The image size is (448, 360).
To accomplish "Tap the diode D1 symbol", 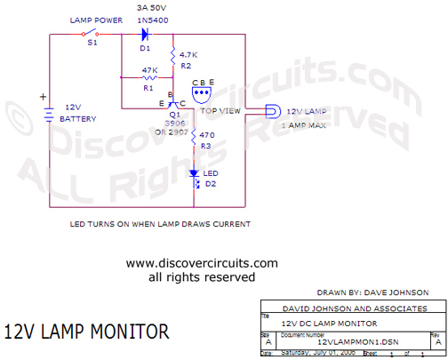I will (145, 34).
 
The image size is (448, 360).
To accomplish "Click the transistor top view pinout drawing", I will (203, 93).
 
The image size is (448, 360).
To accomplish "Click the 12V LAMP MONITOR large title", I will (85, 332).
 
